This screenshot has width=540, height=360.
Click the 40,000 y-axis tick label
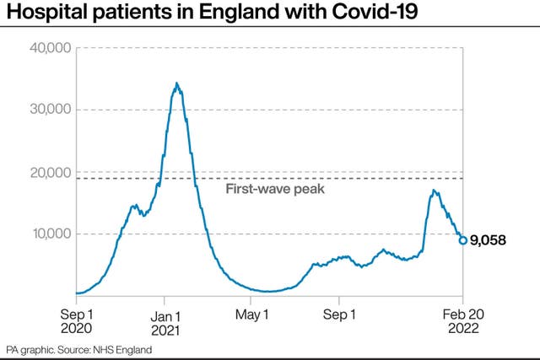pos(51,48)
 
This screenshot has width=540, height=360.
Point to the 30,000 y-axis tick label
pos(51,110)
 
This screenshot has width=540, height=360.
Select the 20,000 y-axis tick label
pos(51,173)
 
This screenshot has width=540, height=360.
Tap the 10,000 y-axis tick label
pos(51,234)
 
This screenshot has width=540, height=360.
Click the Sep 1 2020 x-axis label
pos(77,321)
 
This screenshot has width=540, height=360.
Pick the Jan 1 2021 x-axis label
pos(165,324)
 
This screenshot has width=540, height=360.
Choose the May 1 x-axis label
pos(251,314)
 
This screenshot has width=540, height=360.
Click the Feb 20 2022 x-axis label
pos(463,321)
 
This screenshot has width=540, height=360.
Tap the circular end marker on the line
pos(463,240)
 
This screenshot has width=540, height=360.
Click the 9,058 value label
pos(488,240)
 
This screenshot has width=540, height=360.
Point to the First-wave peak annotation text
pos(275,189)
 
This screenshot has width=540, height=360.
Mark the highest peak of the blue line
pos(176,83)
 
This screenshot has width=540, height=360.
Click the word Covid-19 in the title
pos(375,11)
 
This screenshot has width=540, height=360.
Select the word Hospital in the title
pos(46,12)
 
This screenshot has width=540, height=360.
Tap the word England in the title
pos(239,12)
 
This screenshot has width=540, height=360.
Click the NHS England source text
pos(122,350)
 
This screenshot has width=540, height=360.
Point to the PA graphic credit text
pos(30,351)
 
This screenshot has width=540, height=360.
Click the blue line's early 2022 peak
pos(434,190)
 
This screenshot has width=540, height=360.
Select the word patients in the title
pos(131,12)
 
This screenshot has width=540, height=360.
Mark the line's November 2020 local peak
pos(133,206)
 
